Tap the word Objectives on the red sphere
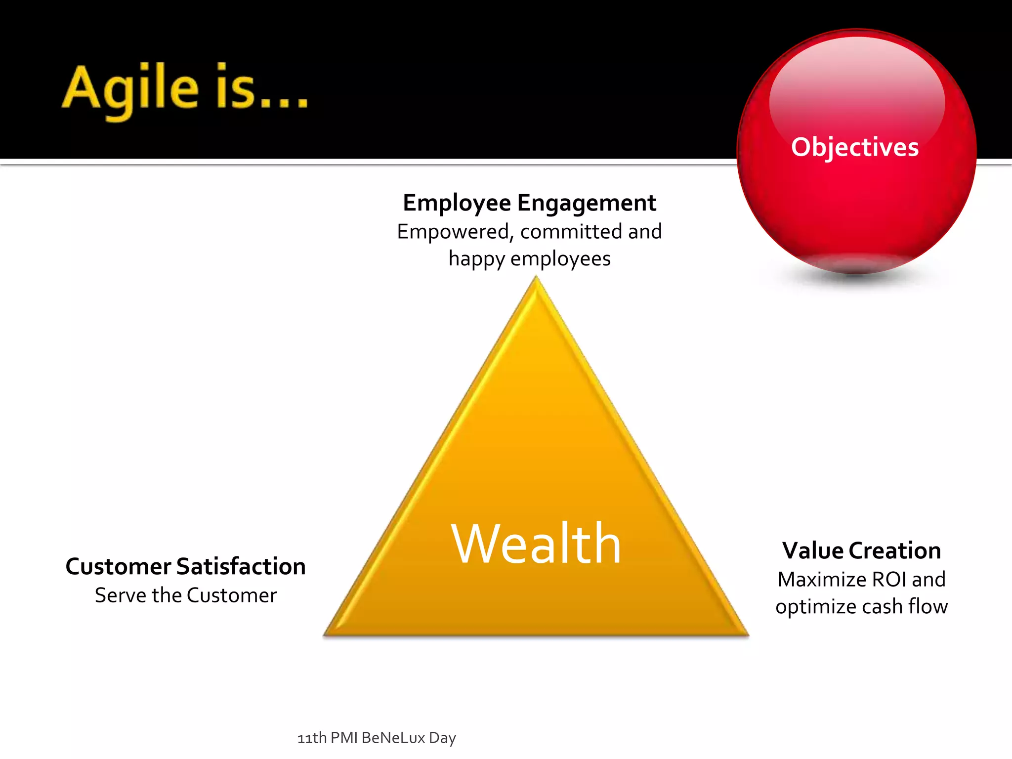[855, 147]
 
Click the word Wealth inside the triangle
[536, 544]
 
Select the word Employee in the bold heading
[457, 203]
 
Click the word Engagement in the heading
[587, 203]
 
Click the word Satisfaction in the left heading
[241, 566]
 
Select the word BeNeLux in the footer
[393, 738]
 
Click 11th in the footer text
[312, 738]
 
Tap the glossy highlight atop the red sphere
[857, 84]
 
